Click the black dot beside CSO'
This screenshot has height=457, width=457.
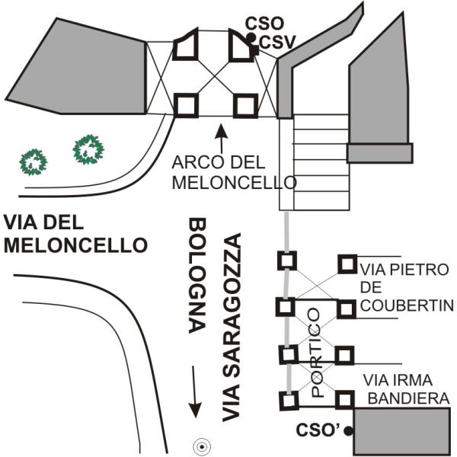(348, 431)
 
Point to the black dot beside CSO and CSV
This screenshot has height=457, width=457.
(251, 37)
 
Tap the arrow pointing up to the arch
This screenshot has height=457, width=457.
(222, 137)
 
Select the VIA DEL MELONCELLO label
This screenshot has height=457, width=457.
(73, 234)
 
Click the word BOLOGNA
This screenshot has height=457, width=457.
(197, 276)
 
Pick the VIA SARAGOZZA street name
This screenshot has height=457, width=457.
(232, 328)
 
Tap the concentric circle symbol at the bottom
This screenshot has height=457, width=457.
(201, 447)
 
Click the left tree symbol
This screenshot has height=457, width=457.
(34, 160)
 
